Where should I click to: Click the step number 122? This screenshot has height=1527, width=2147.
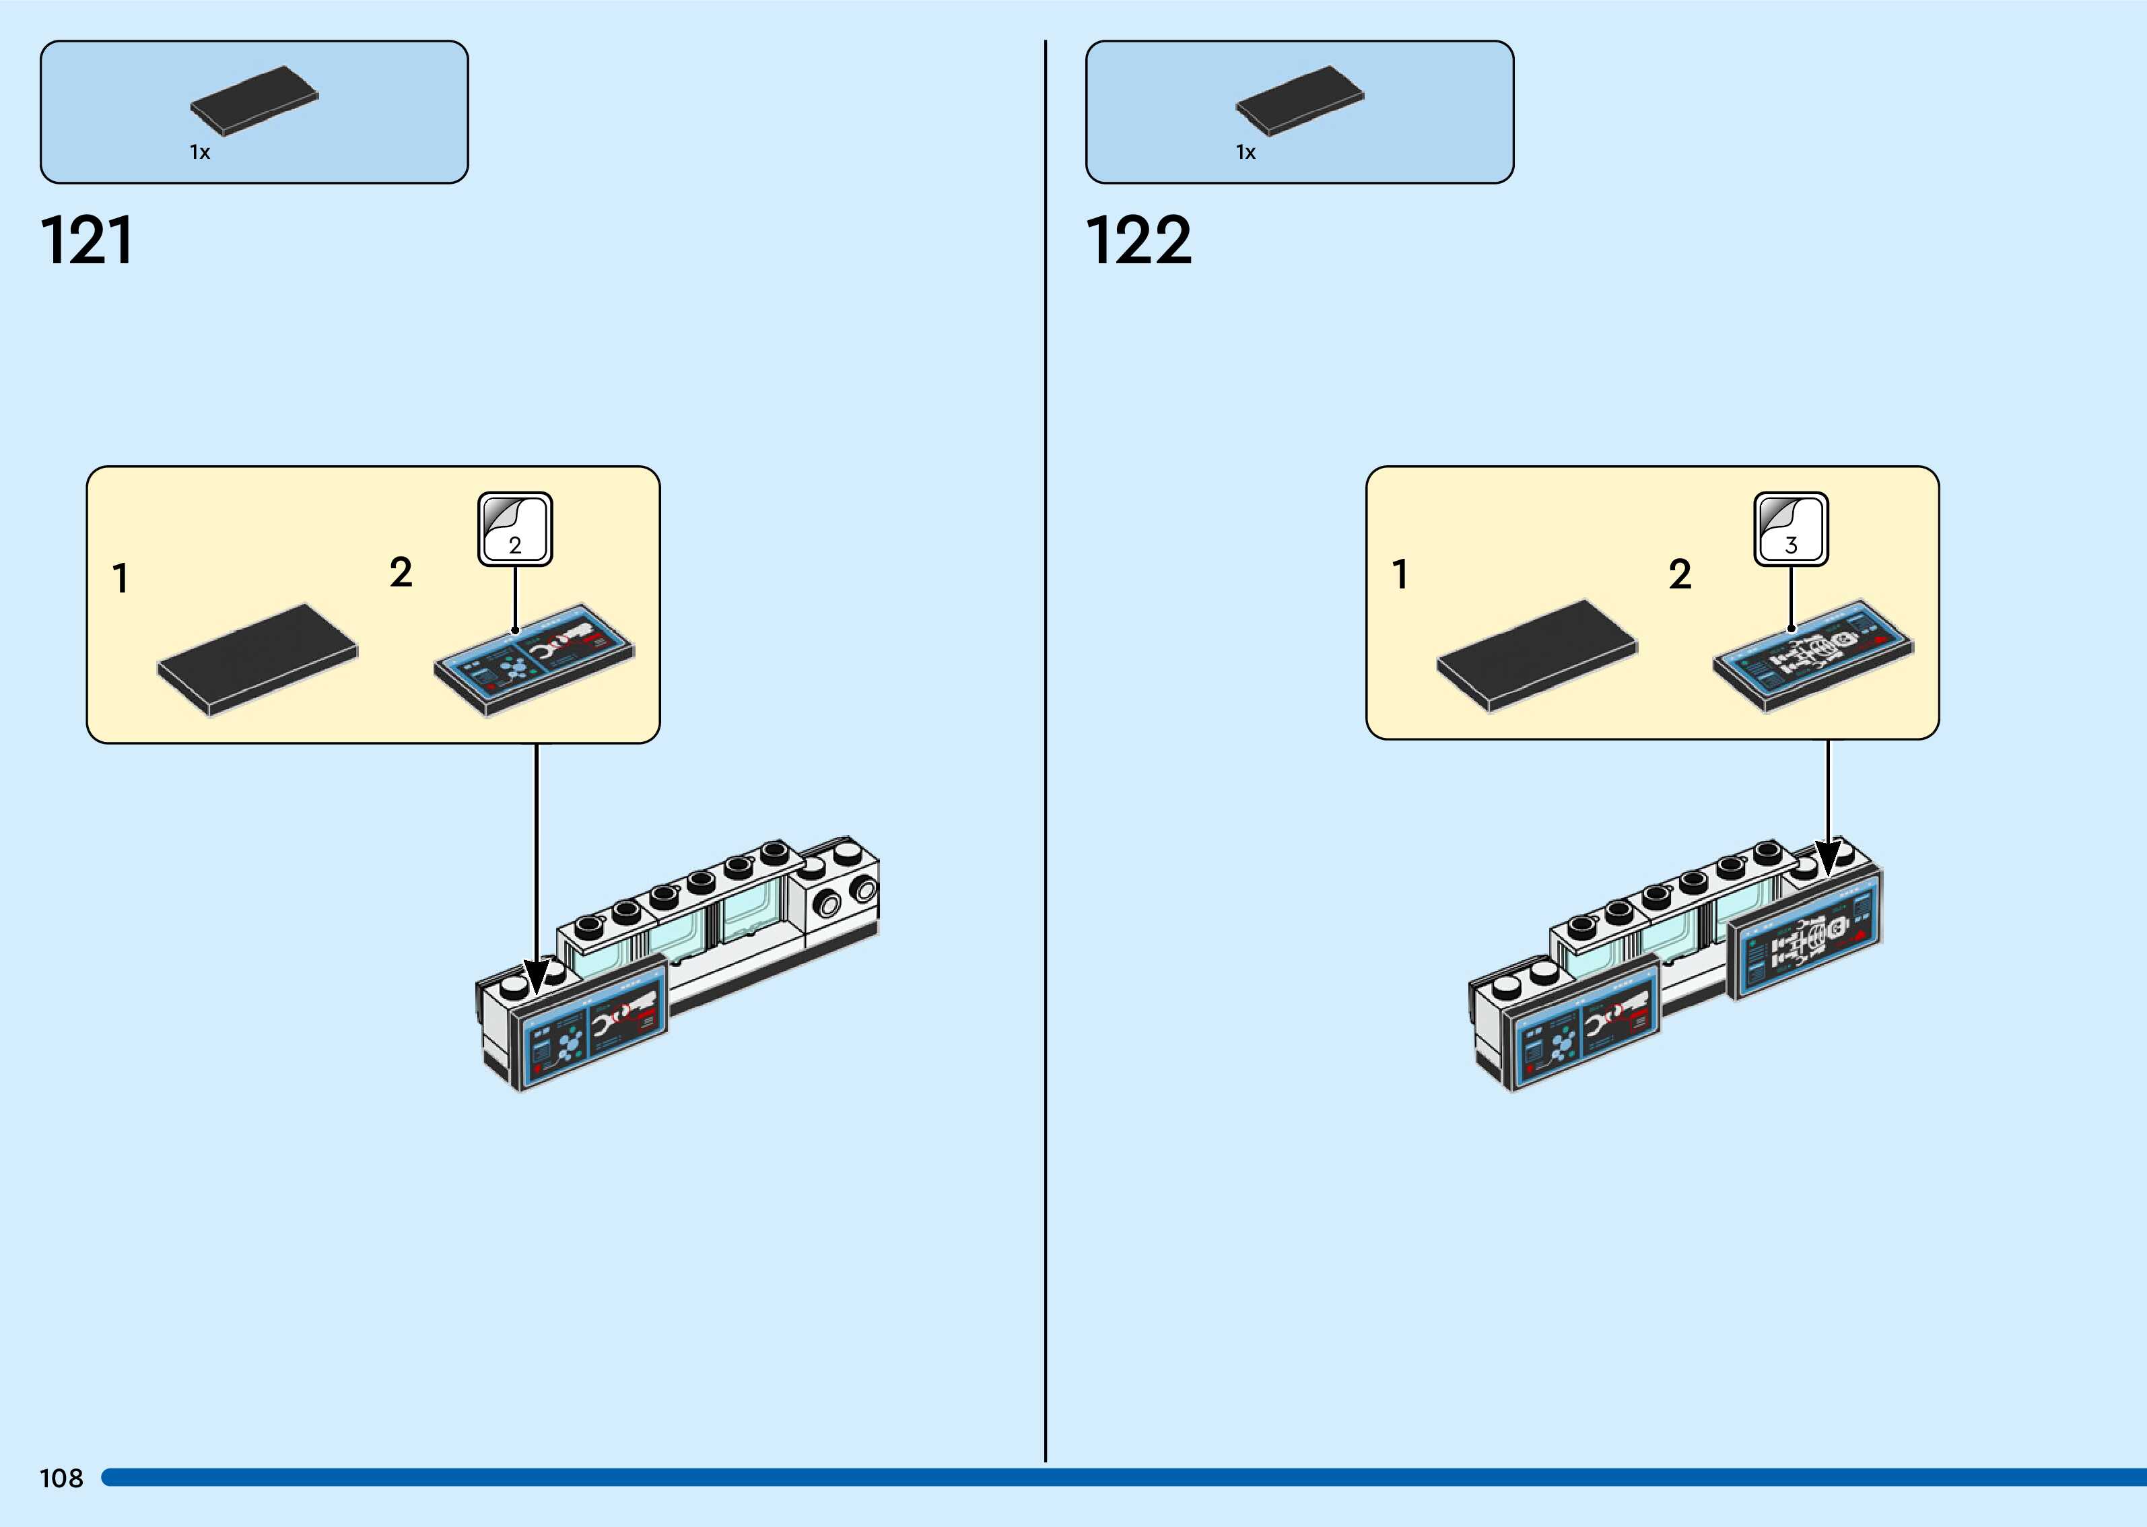click(x=1138, y=241)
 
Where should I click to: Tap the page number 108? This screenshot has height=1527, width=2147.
click(x=61, y=1478)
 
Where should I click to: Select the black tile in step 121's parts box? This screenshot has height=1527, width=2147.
click(x=254, y=100)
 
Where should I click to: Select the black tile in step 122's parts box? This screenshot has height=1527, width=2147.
click(x=1299, y=100)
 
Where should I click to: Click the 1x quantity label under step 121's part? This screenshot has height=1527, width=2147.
click(x=199, y=152)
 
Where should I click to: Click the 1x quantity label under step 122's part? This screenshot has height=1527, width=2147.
click(x=1245, y=152)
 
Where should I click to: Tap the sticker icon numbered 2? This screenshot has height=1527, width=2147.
click(x=515, y=529)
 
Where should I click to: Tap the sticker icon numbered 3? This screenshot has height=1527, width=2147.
click(x=1791, y=529)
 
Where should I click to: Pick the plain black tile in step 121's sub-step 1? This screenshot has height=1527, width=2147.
click(x=258, y=658)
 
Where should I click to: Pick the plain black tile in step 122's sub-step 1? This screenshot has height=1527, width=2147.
click(x=1537, y=654)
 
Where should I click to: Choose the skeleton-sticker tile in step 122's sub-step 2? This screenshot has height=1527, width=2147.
click(x=1812, y=654)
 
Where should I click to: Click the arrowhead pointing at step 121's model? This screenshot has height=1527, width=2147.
click(x=537, y=977)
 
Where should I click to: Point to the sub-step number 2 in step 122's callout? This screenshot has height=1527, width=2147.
click(x=1680, y=574)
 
